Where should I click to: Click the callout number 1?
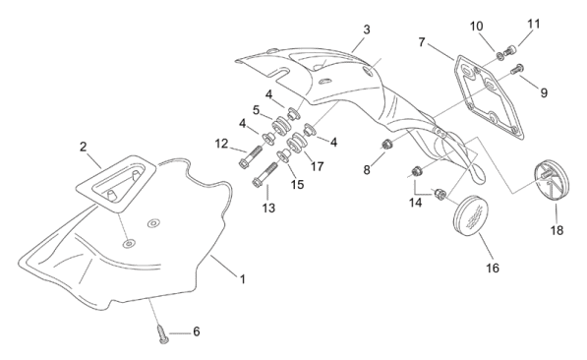[243, 279]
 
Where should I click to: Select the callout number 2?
[84, 147]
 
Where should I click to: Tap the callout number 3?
[367, 30]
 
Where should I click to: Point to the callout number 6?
[197, 331]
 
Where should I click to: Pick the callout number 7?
[422, 42]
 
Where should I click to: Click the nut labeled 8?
[386, 144]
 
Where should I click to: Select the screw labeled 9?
[517, 69]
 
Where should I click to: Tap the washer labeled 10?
[499, 56]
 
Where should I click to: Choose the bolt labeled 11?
[510, 50]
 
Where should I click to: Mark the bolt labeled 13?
[265, 173]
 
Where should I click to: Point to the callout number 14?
[416, 203]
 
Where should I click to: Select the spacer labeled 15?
[284, 155]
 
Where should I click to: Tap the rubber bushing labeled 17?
[297, 143]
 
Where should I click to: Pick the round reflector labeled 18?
[551, 181]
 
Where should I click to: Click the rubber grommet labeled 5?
[281, 126]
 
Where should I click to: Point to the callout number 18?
[557, 230]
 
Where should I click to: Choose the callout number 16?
[493, 268]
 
